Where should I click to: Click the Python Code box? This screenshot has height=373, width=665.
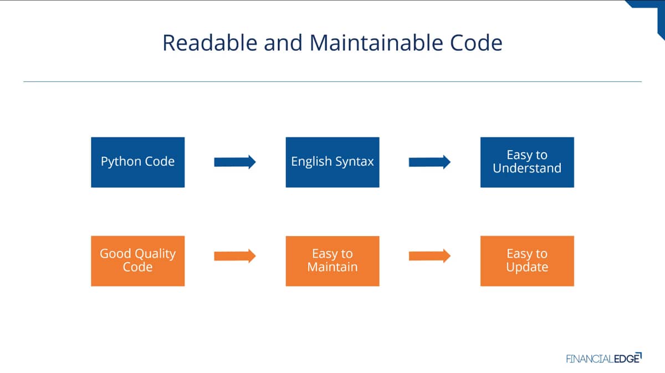coord(138,162)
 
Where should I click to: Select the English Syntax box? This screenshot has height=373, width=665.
coord(332,162)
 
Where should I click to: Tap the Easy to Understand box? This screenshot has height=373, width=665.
coord(527,162)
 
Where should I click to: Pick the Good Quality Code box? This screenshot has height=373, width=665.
coord(138,261)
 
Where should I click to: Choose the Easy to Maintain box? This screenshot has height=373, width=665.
coord(332,261)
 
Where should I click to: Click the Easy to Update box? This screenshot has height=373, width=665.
coord(527,261)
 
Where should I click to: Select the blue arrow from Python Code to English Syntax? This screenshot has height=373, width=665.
coord(235,162)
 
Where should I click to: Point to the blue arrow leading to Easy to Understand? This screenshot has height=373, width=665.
coord(429,162)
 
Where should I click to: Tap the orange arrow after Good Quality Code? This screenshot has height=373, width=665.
coord(235,256)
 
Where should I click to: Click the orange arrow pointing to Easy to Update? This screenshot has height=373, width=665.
coord(429,256)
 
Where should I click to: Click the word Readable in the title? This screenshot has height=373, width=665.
coord(210,43)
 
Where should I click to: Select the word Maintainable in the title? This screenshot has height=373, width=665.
coord(376,43)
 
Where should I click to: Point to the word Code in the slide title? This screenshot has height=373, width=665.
coord(476,43)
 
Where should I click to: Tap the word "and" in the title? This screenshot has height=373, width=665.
coord(283,43)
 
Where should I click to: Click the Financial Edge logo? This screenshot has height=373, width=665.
coord(604,358)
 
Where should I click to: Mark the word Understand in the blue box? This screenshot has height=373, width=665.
coord(527,168)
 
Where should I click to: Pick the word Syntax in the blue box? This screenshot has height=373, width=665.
coord(355,162)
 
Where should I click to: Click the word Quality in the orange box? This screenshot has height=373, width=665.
coord(155,254)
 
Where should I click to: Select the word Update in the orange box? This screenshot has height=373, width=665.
coord(527,267)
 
